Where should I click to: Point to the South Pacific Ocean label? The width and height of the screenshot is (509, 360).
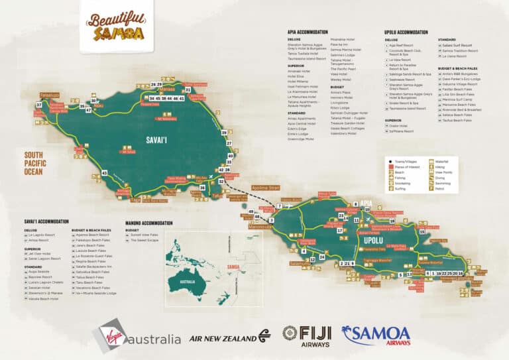click(34, 163)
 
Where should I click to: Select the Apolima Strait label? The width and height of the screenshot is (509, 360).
click(265, 188)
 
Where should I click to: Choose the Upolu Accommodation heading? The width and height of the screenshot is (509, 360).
click(406, 32)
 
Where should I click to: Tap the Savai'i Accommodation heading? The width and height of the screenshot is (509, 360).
click(46, 221)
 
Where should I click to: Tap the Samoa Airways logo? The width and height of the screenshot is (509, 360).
click(376, 335)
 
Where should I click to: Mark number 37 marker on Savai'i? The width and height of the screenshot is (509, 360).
click(38, 105)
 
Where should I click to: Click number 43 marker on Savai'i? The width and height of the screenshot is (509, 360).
click(104, 173)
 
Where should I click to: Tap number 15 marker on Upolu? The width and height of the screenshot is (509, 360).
click(422, 232)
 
